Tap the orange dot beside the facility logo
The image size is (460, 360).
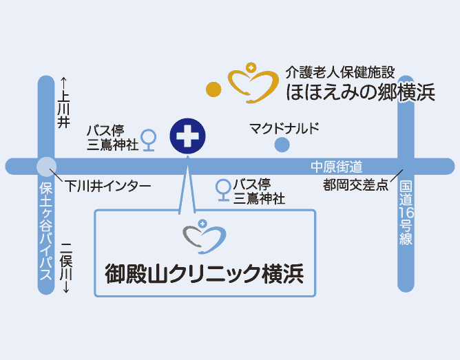[213, 89]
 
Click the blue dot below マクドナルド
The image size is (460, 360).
[281, 144]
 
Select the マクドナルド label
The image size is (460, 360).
[284, 128]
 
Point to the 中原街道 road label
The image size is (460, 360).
[336, 167]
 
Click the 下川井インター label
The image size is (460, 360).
[108, 186]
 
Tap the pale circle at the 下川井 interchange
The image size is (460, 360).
[46, 167]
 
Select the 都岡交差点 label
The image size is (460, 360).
[356, 185]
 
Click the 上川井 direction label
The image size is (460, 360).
[64, 103]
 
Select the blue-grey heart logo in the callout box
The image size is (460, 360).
[204, 235]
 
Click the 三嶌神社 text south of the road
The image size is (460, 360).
[259, 199]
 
